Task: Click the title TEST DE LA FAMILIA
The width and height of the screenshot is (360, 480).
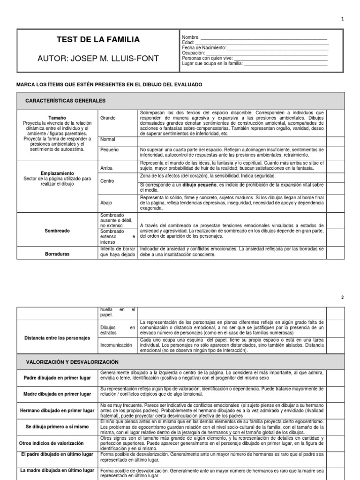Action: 98,40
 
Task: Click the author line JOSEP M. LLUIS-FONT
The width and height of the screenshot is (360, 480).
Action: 98,58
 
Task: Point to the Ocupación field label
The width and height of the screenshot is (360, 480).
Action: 194,53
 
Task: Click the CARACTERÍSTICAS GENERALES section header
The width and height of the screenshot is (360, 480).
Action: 65,101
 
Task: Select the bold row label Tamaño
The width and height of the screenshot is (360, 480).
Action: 57,118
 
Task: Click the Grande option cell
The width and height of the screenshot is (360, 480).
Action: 108,118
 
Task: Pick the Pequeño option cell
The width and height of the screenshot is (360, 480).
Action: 110,150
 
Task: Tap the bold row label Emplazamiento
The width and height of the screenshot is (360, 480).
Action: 57,173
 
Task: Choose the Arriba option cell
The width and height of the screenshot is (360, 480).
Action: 107,167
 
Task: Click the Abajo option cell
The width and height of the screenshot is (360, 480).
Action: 106,202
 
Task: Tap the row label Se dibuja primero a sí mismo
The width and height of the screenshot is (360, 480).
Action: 57,427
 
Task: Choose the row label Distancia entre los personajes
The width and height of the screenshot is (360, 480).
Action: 57,337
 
